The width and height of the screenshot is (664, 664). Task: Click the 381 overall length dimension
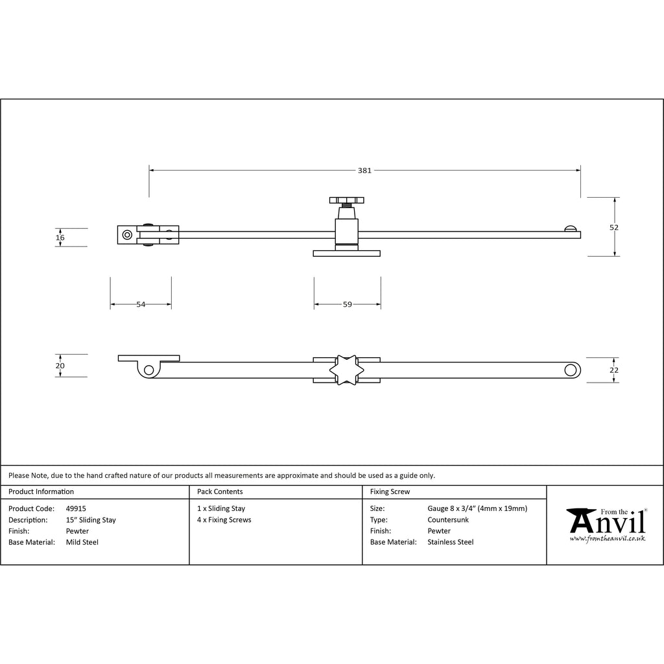pos(364,171)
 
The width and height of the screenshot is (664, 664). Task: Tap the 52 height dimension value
pos(613,228)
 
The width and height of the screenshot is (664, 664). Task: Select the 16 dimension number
pos(60,237)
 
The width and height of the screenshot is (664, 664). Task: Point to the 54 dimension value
pos(141,305)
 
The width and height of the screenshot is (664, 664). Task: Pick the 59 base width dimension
pos(348,305)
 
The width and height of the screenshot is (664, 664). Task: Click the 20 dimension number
pos(60,366)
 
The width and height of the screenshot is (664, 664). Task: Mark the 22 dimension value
pos(613,370)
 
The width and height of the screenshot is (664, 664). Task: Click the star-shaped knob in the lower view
pos(346,370)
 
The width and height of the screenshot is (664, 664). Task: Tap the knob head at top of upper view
pos(346,200)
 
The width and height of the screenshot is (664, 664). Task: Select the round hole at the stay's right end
pos(571,370)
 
